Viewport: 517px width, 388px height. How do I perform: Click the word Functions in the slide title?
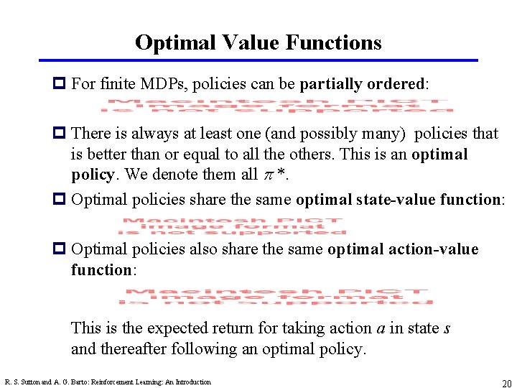[333, 42]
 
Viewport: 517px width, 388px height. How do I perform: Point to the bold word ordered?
[397, 83]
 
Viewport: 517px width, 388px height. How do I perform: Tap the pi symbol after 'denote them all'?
[265, 175]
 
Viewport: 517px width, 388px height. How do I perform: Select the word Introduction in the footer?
[191, 382]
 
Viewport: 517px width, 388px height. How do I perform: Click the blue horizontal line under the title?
[258, 60]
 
